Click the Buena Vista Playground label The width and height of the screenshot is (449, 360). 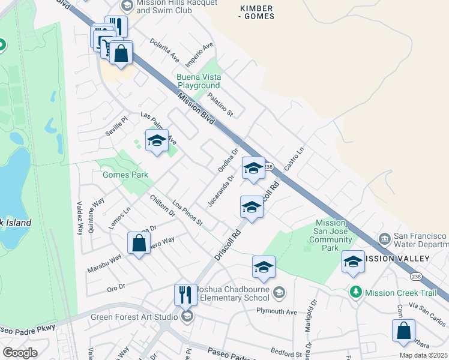tap(199, 82)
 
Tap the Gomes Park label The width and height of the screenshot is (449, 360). tap(125, 175)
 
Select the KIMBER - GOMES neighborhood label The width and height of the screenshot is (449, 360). tap(256, 12)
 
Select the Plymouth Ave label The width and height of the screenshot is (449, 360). tap(277, 312)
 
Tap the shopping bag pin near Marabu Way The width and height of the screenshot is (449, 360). tap(139, 244)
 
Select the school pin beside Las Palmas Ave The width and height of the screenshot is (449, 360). tap(157, 141)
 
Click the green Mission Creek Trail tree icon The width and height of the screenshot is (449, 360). tap(356, 292)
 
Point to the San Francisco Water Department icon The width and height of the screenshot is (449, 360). tap(384, 240)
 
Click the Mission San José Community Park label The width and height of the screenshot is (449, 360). tap(330, 235)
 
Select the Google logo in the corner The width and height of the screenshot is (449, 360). tap(20, 353)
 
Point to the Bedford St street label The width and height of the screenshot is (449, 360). tap(285, 355)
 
